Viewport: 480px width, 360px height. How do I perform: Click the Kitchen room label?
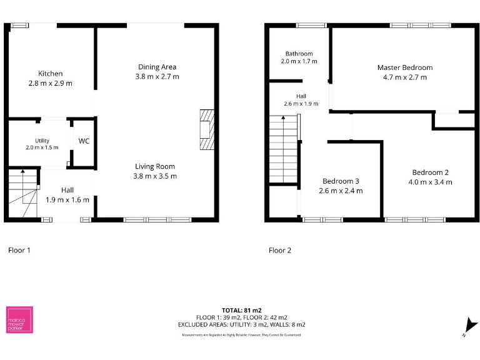pyautogui.click(x=50, y=74)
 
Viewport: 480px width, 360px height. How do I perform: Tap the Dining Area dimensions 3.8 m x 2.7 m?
pyautogui.click(x=157, y=77)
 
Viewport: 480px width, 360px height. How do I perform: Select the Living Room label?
pyautogui.click(x=155, y=166)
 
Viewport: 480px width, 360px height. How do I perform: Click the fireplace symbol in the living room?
pyautogui.click(x=206, y=129)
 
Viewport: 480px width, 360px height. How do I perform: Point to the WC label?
pyautogui.click(x=84, y=141)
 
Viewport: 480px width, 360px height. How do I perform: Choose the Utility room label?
pyautogui.click(x=42, y=141)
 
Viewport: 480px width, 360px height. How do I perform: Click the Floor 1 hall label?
pyautogui.click(x=67, y=190)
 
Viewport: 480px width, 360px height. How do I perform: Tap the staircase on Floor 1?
pyautogui.click(x=22, y=195)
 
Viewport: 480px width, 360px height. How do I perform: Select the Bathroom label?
pyautogui.click(x=299, y=54)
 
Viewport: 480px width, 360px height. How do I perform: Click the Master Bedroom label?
pyautogui.click(x=404, y=67)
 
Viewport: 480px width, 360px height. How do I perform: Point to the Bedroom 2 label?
pyautogui.click(x=430, y=172)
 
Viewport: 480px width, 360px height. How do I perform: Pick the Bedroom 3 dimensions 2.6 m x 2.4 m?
pyautogui.click(x=341, y=191)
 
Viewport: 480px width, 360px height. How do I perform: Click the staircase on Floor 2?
pyautogui.click(x=283, y=150)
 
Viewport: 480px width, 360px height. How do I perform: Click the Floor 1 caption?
pyautogui.click(x=19, y=250)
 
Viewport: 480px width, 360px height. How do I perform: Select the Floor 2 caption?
pyautogui.click(x=280, y=250)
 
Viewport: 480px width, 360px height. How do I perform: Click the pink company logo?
pyautogui.click(x=19, y=320)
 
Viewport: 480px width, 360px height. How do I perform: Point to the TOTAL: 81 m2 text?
pyautogui.click(x=241, y=310)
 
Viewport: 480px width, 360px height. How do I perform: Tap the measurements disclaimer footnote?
pyautogui.click(x=241, y=336)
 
